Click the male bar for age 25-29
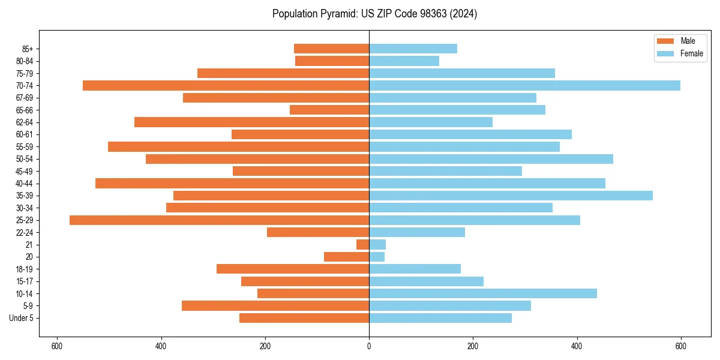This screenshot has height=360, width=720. tap(219, 220)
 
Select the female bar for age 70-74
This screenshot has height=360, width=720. tap(524, 86)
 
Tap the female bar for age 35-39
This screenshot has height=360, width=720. tap(511, 196)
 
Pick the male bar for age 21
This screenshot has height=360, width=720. tap(363, 245)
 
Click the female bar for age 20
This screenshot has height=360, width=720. tap(377, 257)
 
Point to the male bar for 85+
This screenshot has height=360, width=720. tap(331, 49)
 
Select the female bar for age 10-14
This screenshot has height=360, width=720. tap(483, 293)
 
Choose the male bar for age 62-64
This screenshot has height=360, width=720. tap(251, 122)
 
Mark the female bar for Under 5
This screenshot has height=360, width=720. tap(440, 318)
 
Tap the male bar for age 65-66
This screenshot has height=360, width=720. tap(329, 110)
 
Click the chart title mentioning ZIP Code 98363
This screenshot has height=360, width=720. tap(374, 14)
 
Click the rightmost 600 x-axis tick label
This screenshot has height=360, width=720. tap(680, 346)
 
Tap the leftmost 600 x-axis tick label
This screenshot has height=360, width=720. tap(57, 346)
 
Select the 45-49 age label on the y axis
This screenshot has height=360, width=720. tap(25, 171)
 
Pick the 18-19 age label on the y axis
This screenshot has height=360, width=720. tap(25, 269)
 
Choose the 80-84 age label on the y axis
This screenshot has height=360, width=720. tap(25, 61)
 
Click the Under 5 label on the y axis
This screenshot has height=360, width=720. tap(22, 318)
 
